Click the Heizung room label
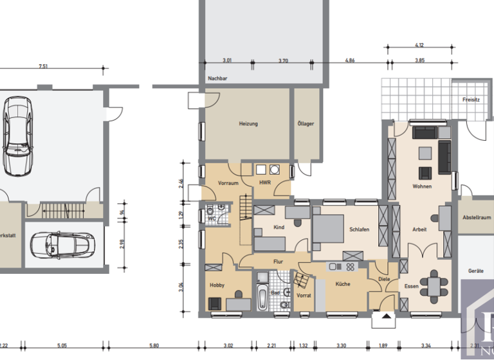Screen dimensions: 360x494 [x=248, y=123]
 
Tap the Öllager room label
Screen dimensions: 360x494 [x=306, y=123]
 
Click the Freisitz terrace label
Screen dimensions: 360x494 [x=471, y=100]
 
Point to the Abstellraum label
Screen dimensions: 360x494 [x=476, y=217]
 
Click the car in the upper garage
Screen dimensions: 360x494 [x=17, y=136]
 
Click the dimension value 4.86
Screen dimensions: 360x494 [x=349, y=60]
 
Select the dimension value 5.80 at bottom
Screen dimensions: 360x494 [x=154, y=346]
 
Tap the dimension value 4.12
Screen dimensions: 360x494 [x=419, y=45]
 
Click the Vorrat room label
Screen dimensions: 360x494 [x=304, y=295]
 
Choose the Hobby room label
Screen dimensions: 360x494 [x=217, y=285]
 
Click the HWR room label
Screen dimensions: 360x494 [x=265, y=183]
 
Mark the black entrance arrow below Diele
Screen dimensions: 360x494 [x=385, y=316]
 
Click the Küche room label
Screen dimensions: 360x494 [x=342, y=283]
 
